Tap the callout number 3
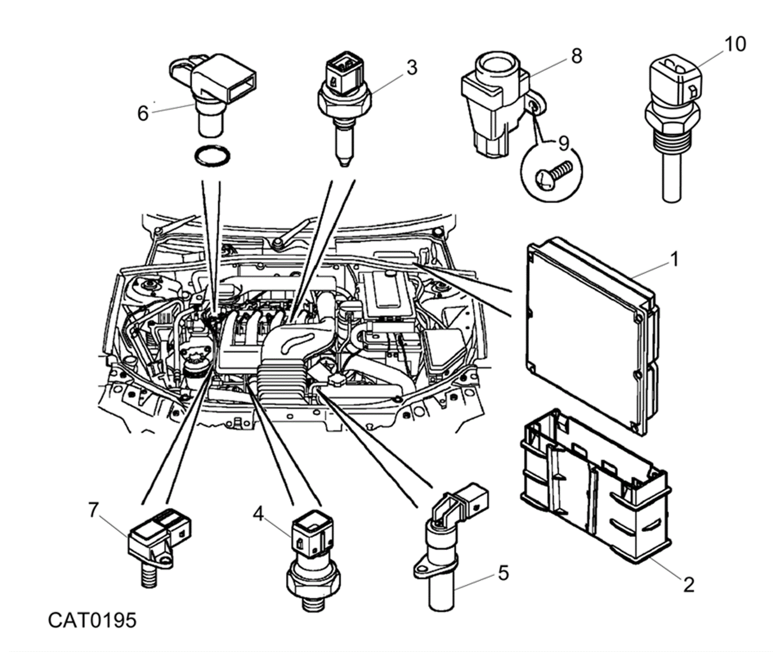coord(412,68)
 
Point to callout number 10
coord(735,44)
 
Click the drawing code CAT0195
coord(92,620)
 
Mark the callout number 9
coord(564,144)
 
